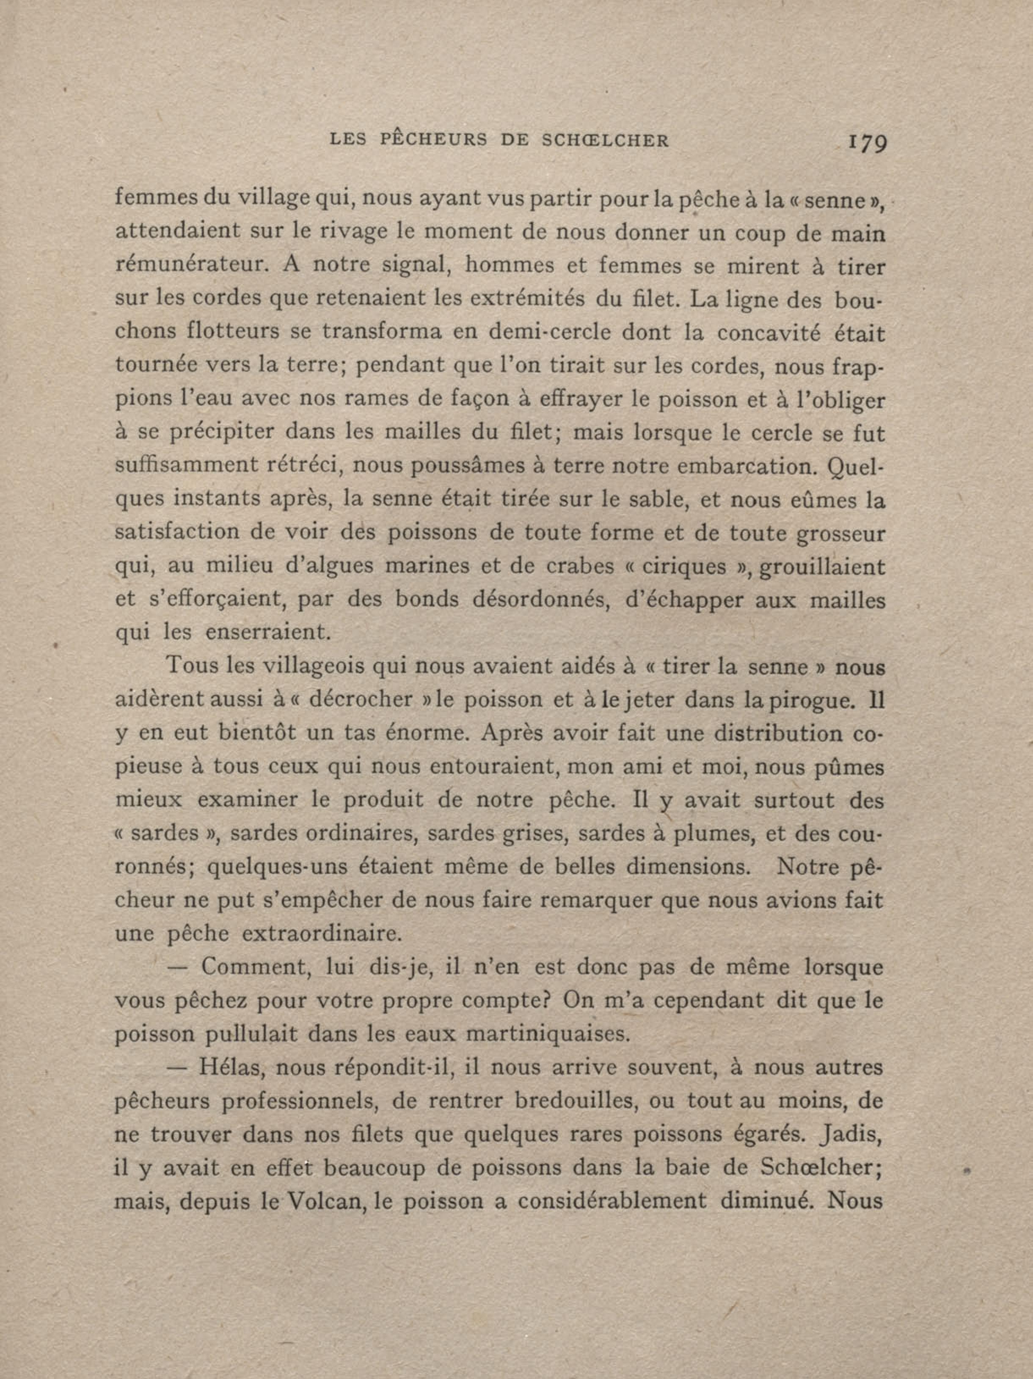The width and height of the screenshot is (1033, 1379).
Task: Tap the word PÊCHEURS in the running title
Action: [x=434, y=140]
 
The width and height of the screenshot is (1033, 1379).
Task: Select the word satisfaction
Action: [x=177, y=533]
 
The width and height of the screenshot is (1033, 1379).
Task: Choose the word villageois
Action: [x=312, y=666]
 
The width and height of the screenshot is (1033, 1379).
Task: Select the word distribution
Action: [x=777, y=733]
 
